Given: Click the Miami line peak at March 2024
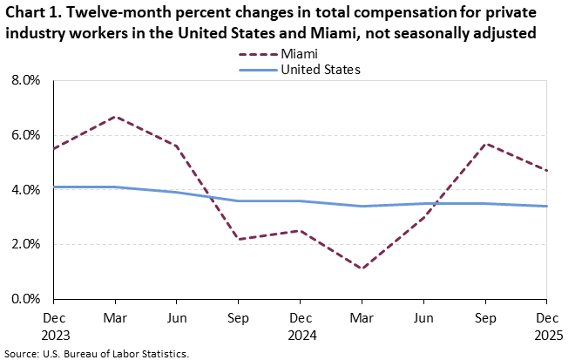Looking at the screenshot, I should tap(116, 116).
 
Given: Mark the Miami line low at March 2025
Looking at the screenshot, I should tap(362, 268).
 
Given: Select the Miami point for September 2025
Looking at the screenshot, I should tap(485, 143).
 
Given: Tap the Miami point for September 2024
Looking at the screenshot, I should tap(239, 239).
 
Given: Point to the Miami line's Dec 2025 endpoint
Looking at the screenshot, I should tap(546, 170).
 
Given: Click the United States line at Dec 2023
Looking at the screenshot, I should tap(55, 187).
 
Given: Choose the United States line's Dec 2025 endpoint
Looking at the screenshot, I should tap(546, 206).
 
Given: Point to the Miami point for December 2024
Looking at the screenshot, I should tap(301, 230).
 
